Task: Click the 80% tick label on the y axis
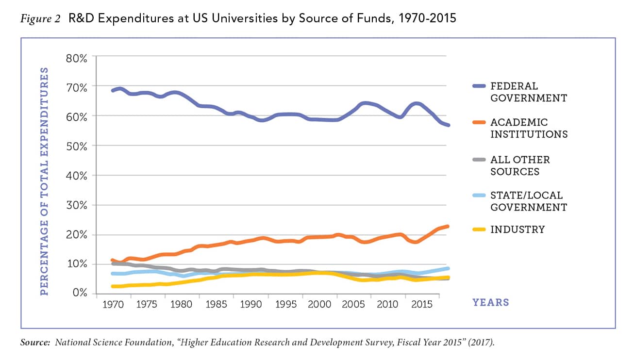77,58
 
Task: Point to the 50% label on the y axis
77,146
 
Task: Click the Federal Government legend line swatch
478,86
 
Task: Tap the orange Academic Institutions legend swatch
478,123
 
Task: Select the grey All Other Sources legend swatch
478,160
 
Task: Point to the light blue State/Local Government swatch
478,196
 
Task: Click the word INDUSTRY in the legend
518,229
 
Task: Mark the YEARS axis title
491,303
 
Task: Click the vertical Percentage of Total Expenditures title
44,181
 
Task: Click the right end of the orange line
448,226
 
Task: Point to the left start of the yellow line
113,286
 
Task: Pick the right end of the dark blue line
448,125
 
